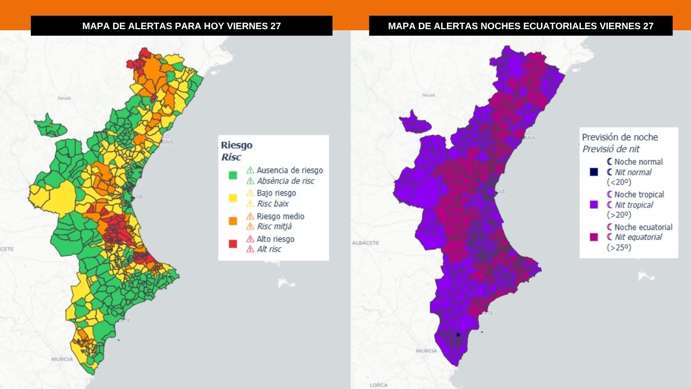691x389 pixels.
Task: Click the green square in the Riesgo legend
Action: [233, 175]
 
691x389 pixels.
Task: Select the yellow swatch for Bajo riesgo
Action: [233, 198]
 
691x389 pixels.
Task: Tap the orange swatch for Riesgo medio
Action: [233, 221]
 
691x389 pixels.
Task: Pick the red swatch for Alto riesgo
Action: [233, 244]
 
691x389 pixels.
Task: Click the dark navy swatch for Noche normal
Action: [594, 172]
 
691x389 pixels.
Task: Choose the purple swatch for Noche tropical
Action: [594, 205]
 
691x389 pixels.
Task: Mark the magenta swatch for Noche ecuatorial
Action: [594, 237]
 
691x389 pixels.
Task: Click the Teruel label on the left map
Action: [64, 98]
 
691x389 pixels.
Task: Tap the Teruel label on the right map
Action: [428, 95]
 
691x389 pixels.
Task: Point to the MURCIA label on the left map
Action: [62, 359]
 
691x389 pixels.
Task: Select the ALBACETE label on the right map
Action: [365, 243]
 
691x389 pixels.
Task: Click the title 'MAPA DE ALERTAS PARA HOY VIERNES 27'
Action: [181, 26]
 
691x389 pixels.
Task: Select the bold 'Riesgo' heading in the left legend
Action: [236, 145]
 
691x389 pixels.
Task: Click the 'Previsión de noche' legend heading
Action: [620, 138]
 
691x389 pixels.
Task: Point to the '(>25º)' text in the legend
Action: [619, 247]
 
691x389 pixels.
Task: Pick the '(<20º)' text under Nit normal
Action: [619, 182]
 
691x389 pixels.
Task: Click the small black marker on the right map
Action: [458, 334]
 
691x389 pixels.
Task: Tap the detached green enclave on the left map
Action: [50, 126]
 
